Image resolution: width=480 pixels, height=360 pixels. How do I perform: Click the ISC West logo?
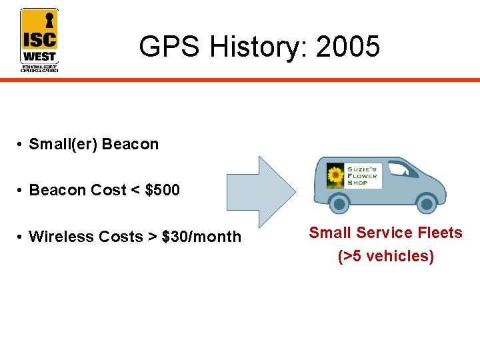point(39,40)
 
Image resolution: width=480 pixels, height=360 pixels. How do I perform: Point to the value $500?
point(162,190)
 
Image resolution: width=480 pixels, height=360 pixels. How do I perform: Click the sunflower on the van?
point(334,177)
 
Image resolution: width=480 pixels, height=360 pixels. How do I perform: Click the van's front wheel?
point(425,202)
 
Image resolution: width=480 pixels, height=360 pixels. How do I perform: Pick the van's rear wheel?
point(341,202)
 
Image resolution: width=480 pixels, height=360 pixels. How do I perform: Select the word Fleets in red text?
point(437,233)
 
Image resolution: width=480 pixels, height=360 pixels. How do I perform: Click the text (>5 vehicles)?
point(385,256)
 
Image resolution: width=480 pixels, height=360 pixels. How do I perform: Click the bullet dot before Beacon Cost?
point(21,191)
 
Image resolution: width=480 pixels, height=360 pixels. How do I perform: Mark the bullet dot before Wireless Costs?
point(21,237)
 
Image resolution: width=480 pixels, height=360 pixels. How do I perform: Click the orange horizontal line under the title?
point(267,79)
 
